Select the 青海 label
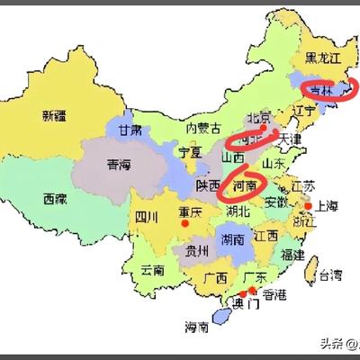120,165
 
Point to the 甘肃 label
130,130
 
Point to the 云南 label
153,269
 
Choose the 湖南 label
231,240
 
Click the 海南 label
198,325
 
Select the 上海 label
326,205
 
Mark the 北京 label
259,116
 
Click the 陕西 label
209,185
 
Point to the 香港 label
274,294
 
